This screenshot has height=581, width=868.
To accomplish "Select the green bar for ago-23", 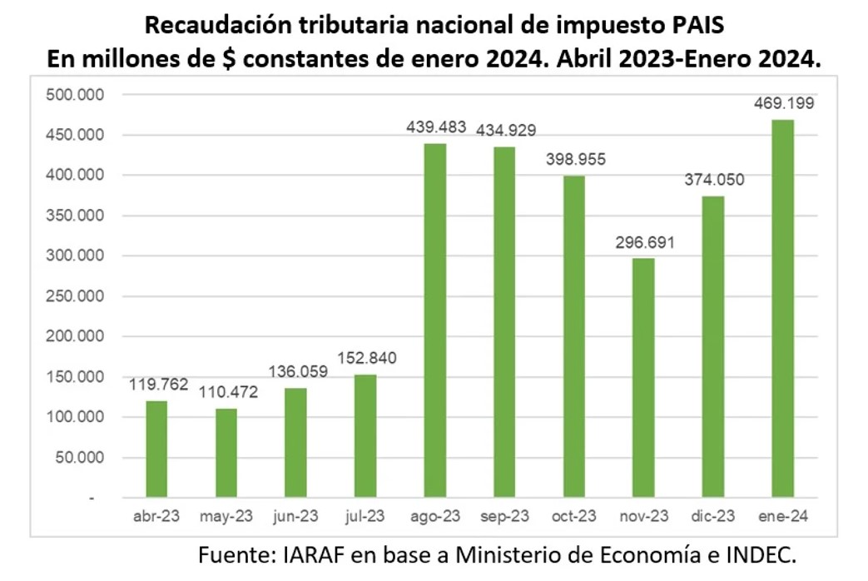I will click(x=434, y=320).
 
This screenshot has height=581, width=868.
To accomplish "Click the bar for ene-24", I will click(x=781, y=309).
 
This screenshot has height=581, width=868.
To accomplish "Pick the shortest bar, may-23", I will click(x=226, y=453).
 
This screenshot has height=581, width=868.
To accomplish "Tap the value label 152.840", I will click(x=366, y=359).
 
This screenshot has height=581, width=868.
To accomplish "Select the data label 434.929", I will click(x=505, y=130).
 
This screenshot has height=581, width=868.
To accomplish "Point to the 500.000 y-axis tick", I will click(x=72, y=95).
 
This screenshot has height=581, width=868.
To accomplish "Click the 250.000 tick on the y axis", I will click(x=72, y=296).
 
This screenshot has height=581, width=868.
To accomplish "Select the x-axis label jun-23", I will click(x=295, y=517).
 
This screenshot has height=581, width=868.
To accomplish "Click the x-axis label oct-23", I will click(x=573, y=517).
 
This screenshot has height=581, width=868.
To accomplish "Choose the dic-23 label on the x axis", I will click(x=712, y=517).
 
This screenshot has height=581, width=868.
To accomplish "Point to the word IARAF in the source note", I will click(x=314, y=554).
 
